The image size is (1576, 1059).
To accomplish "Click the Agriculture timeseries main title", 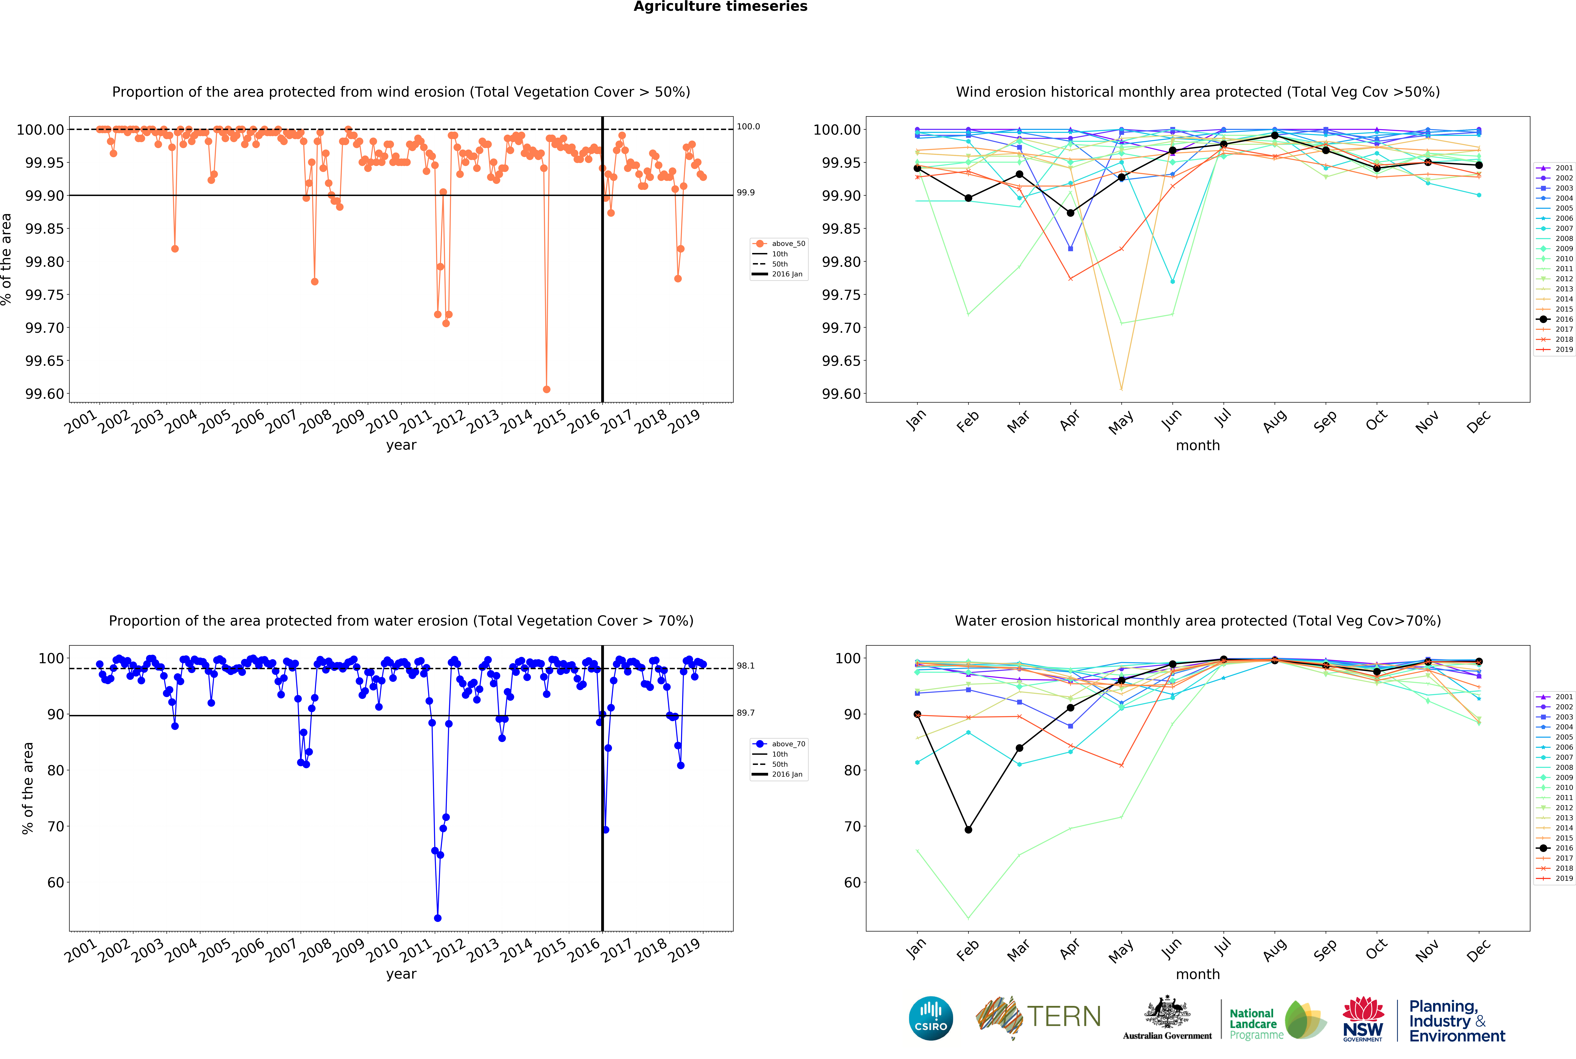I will tap(720, 7).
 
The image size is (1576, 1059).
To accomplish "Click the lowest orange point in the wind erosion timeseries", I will tap(546, 389).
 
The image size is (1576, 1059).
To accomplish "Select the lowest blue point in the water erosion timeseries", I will tap(438, 918).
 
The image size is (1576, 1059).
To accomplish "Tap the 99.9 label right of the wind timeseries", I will tap(745, 193).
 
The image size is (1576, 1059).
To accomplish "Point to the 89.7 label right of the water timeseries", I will tap(745, 712).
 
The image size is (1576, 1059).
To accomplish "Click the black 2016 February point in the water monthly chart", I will tap(968, 829).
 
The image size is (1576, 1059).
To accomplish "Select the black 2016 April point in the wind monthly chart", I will tap(1070, 213).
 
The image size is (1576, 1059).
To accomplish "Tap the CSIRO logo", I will tap(930, 1018).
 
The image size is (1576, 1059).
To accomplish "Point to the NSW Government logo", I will tap(1363, 1018).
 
